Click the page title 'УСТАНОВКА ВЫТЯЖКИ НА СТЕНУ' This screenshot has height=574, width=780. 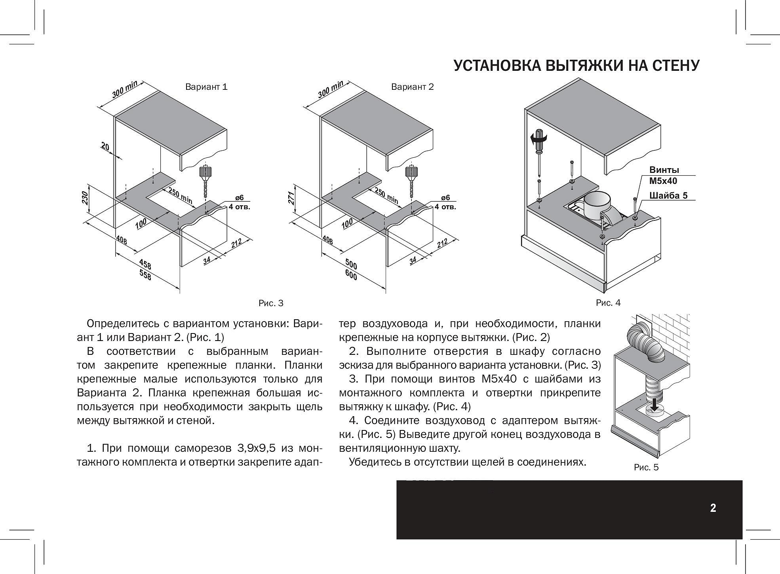click(576, 66)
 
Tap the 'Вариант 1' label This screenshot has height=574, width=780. click(206, 87)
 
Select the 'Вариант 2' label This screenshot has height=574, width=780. click(412, 87)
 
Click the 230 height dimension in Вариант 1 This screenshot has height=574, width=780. click(85, 198)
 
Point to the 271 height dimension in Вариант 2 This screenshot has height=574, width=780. click(291, 198)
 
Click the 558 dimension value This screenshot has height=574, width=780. click(145, 275)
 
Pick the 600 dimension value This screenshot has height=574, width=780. click(351, 275)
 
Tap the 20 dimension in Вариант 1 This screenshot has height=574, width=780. click(105, 147)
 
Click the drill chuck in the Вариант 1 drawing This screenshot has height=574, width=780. click(205, 172)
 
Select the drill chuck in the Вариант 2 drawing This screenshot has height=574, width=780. click(411, 172)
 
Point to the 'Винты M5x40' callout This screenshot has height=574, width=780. click(664, 175)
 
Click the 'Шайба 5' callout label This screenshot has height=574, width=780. click(668, 195)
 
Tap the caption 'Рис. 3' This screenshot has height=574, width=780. click(271, 303)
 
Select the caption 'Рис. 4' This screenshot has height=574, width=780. click(608, 303)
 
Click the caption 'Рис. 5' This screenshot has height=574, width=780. click(646, 467)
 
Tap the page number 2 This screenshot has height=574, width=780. click(713, 508)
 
